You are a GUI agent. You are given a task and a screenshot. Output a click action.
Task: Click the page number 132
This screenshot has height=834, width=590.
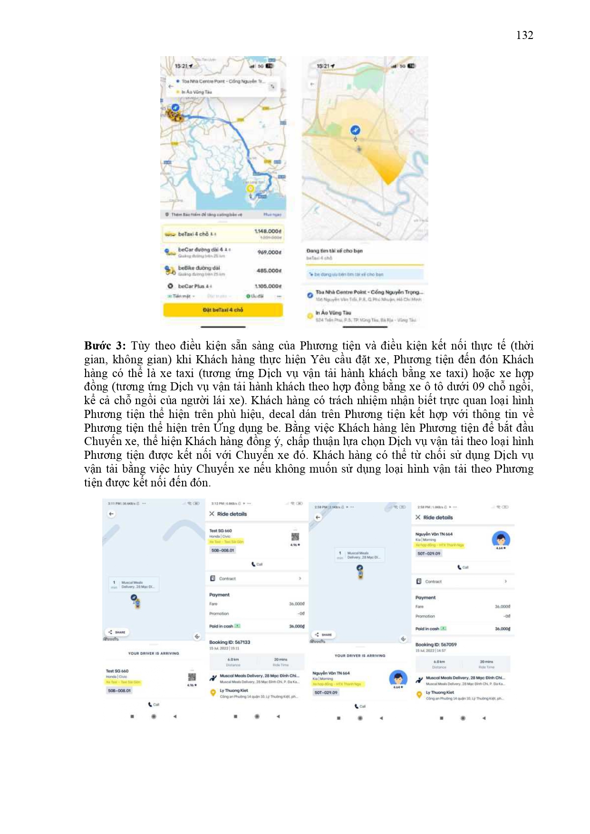524,35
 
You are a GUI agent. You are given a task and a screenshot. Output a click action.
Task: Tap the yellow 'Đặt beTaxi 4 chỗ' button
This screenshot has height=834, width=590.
223,310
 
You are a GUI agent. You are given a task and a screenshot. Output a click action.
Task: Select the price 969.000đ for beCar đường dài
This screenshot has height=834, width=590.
269,252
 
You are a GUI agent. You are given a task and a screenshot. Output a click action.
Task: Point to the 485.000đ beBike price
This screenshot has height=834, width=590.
269,271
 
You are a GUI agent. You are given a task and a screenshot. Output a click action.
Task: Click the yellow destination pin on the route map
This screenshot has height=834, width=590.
250,189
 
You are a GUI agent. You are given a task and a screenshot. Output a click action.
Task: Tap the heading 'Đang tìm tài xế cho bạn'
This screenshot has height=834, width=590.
334,251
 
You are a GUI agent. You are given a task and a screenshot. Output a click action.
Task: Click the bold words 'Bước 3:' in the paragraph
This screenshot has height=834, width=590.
105,346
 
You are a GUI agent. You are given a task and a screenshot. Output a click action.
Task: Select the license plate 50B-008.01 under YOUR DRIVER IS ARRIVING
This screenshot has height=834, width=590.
119,690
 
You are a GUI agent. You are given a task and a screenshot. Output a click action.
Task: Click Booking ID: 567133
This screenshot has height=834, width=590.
230,642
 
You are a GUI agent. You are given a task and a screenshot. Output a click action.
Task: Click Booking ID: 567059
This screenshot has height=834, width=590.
436,645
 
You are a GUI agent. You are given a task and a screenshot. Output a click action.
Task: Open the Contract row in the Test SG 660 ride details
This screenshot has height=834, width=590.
255,579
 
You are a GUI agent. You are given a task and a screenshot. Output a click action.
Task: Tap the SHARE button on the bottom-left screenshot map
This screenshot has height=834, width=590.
117,632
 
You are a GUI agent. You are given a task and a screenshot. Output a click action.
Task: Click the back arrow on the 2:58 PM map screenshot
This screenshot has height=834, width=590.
318,517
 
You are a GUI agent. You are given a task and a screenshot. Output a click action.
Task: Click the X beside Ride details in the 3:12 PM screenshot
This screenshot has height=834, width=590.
212,514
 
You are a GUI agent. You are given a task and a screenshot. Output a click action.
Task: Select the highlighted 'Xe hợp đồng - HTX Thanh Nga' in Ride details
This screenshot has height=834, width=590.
440,545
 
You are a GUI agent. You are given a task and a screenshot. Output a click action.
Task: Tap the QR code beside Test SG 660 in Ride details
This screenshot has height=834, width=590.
295,536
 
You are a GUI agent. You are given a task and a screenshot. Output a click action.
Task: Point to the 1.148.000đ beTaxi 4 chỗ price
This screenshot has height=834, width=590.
268,231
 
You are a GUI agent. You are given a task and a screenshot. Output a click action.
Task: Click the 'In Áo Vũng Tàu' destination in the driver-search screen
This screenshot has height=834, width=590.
333,313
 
